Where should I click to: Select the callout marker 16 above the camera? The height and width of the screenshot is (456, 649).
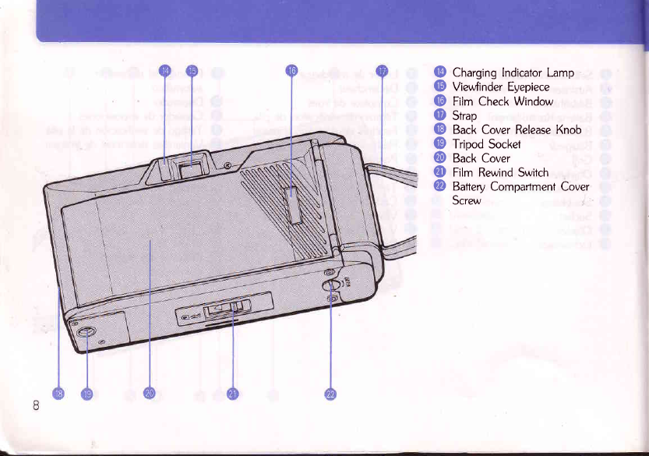tap(291, 71)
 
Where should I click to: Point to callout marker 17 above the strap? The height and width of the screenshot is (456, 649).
tap(382, 71)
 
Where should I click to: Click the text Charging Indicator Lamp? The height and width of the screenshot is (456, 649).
tap(513, 73)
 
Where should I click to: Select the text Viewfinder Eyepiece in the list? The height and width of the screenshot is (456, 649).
tap(501, 87)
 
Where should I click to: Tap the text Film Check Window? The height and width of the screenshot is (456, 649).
tap(503, 101)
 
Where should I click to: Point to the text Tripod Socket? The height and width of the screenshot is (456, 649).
tap(486, 143)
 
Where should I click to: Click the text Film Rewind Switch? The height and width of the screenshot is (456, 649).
tap(500, 172)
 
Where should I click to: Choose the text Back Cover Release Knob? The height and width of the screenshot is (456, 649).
tap(517, 129)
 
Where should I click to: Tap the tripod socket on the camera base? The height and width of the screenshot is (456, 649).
tap(87, 335)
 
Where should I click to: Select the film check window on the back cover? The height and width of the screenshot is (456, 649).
tap(292, 204)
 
